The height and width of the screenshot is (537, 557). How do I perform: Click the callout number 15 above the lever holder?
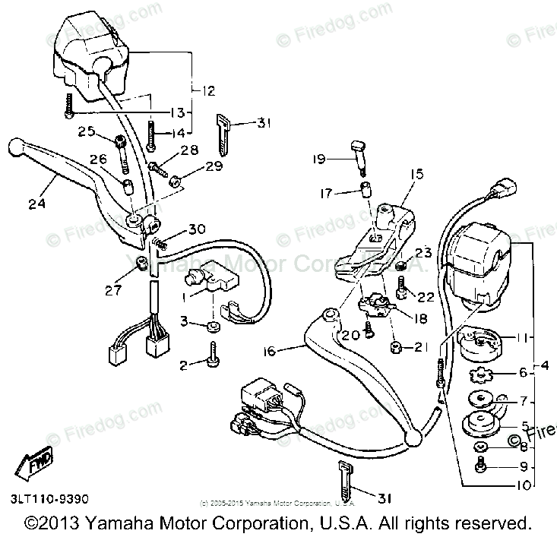416,175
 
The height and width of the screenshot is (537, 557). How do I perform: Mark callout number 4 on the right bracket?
544,368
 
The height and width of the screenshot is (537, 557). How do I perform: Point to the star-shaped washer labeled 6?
479,374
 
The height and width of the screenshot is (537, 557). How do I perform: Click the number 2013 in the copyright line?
61,523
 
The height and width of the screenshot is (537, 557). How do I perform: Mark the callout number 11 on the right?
522,336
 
